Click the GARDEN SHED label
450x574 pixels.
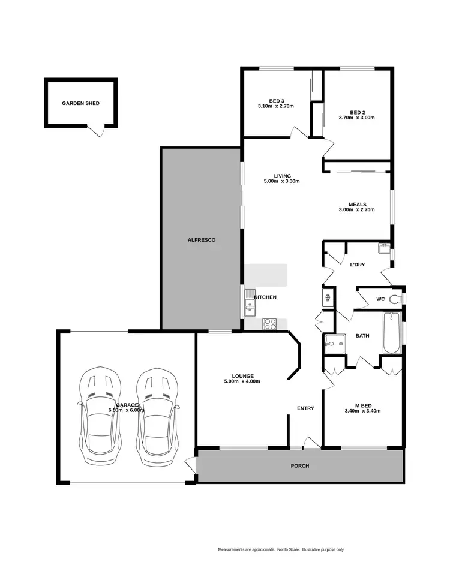coord(80,103)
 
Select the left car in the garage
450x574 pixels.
coord(100,417)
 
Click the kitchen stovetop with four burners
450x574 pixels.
coord(269,323)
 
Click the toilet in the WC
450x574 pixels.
coord(395,299)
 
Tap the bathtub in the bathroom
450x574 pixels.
coord(391,333)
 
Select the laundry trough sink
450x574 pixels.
coord(384,247)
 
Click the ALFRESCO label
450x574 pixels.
coord(201,240)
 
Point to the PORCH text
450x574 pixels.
coord(299,466)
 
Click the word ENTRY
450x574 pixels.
coord(305,408)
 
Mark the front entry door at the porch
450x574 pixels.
coord(311,443)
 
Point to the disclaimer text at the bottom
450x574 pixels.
coord(281,549)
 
